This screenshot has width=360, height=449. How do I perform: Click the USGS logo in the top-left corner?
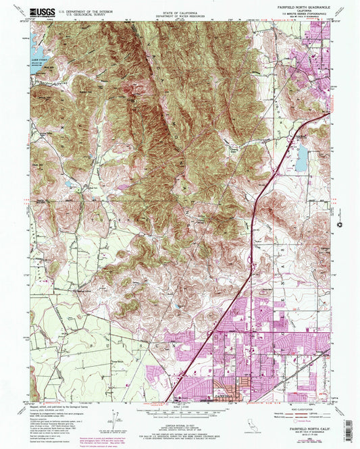coord(42,11)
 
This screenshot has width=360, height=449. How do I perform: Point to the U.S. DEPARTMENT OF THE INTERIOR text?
coord(82,9)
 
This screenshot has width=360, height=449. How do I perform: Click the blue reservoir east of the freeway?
coord(301,158)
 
